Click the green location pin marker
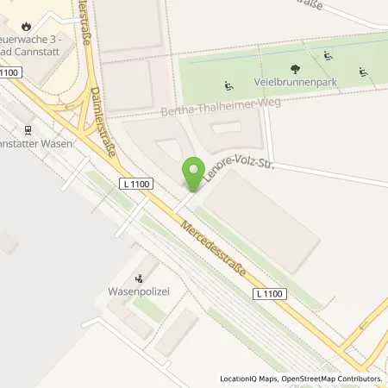[195, 172]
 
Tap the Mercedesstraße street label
[214, 247]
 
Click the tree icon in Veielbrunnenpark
[296, 68]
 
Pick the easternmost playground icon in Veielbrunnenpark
[363, 72]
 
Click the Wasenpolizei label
[138, 291]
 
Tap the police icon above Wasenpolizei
[138, 278]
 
